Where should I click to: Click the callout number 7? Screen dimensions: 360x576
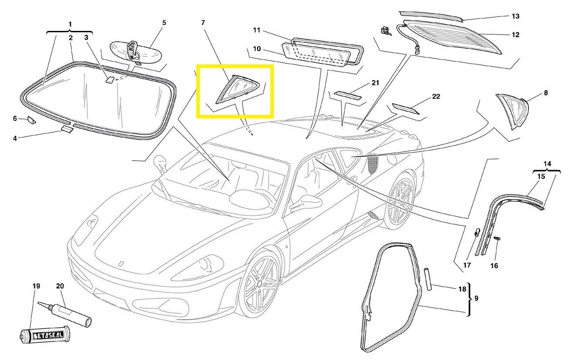click(x=202, y=22)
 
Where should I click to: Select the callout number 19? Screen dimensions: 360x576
click(x=36, y=286)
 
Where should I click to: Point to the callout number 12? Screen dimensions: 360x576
click(x=515, y=34)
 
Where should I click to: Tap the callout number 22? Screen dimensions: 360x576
click(x=436, y=96)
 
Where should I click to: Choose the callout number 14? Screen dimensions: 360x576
click(x=547, y=164)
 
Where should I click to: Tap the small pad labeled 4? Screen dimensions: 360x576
click(x=67, y=128)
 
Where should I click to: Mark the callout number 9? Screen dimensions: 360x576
click(x=476, y=299)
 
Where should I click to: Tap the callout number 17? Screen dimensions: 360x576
click(x=467, y=265)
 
